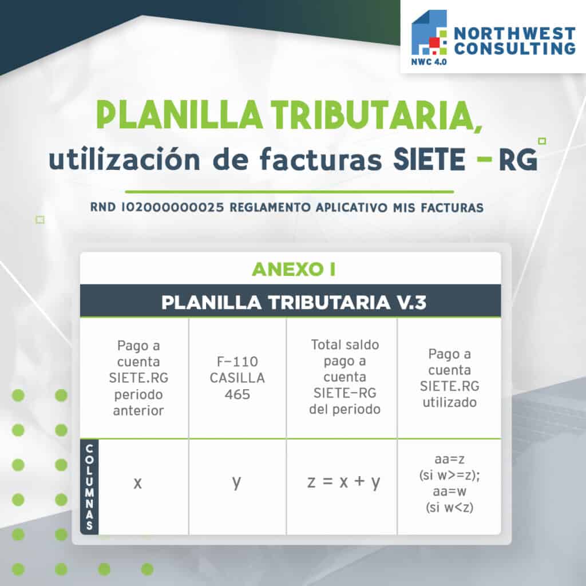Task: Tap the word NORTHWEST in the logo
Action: tap(514, 34)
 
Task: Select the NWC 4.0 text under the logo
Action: tap(429, 62)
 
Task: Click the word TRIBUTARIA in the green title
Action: tap(377, 114)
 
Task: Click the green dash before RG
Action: tap(485, 160)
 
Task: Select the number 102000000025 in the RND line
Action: tap(172, 207)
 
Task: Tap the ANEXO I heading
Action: tap(294, 269)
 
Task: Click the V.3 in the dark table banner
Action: tap(411, 302)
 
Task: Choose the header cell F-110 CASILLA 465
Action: tap(237, 378)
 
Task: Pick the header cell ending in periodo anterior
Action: tap(138, 378)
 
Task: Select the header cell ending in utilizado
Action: tap(450, 378)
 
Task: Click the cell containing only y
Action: tap(237, 486)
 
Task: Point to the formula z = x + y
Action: tap(344, 482)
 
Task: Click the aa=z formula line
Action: tap(450, 459)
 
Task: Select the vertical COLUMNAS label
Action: tap(89, 487)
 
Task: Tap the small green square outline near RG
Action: tap(542, 141)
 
